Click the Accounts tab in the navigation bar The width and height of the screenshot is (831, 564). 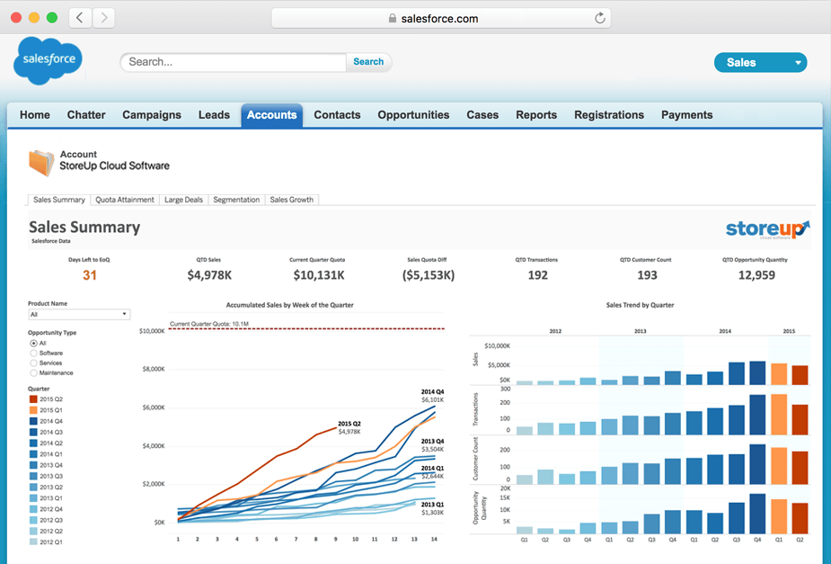coord(271,115)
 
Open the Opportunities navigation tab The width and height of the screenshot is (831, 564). coord(413,115)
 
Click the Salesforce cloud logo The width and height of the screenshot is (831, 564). coord(49,60)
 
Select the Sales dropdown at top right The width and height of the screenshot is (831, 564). coord(760,62)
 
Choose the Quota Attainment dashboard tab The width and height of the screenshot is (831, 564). coord(125,200)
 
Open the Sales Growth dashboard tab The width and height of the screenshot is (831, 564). coord(292,200)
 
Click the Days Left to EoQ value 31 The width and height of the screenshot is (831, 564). coord(90,275)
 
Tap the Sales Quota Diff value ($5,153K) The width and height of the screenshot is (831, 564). coord(427,275)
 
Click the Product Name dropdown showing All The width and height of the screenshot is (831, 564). coord(79,315)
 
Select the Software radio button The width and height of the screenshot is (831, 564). coord(34,354)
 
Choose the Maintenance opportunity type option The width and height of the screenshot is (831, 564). coord(34,372)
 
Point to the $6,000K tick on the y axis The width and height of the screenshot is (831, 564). coord(152,407)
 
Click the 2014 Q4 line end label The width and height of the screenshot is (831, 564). coord(433,392)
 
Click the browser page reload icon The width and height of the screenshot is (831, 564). coord(599,18)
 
